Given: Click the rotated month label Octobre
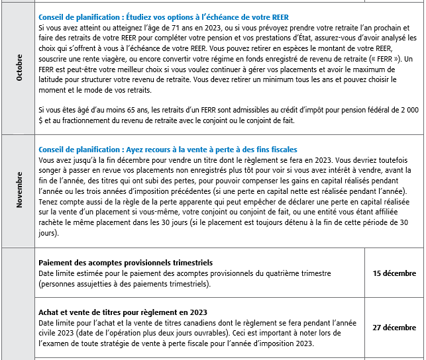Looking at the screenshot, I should point(19,68).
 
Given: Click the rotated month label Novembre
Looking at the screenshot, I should point(19,191).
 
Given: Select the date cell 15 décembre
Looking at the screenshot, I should point(394,273).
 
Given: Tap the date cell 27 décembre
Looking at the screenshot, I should point(394,328).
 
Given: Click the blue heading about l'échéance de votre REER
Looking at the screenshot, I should point(164,16).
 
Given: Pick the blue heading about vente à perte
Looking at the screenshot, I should point(168,150).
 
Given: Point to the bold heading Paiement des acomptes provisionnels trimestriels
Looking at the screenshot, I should point(125,263).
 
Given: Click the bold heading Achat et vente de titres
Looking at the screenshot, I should point(123,312).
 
